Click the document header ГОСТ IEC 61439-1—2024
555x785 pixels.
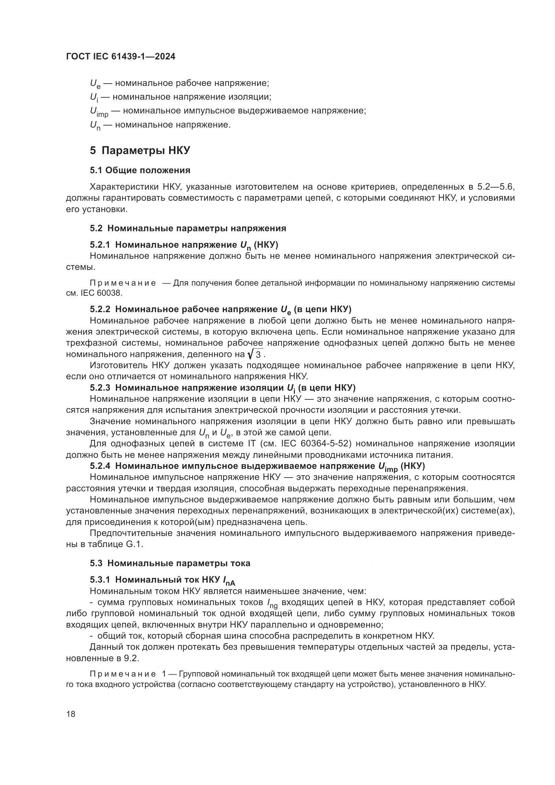(x=121, y=57)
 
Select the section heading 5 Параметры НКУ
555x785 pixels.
(x=140, y=150)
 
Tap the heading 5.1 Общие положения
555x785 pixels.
(x=140, y=170)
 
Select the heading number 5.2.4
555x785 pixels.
(x=100, y=466)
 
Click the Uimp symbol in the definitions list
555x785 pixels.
(x=99, y=112)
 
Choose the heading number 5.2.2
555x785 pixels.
(x=100, y=309)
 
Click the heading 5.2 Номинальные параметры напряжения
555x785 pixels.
(x=188, y=229)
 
